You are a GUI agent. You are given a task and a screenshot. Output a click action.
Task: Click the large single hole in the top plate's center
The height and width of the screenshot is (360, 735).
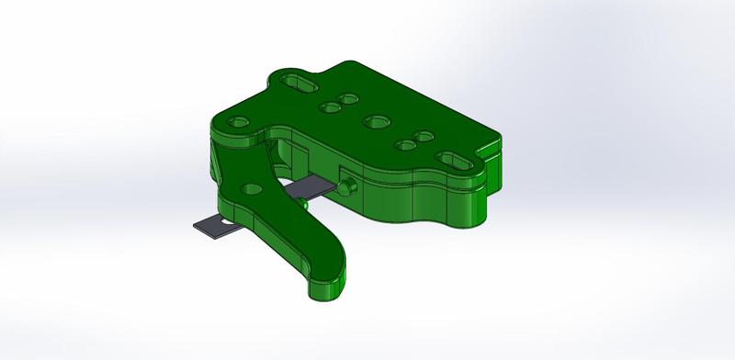375,121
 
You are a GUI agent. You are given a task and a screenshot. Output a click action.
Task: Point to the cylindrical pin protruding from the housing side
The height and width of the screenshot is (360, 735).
347,187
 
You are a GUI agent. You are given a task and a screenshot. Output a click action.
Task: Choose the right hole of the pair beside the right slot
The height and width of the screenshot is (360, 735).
424,137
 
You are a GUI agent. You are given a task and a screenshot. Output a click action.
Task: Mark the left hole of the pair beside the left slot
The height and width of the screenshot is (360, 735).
328,107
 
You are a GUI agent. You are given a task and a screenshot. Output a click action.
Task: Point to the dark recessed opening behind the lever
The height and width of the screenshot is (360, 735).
287,156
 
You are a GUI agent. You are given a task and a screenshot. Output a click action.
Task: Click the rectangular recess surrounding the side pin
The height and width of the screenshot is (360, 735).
344,178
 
